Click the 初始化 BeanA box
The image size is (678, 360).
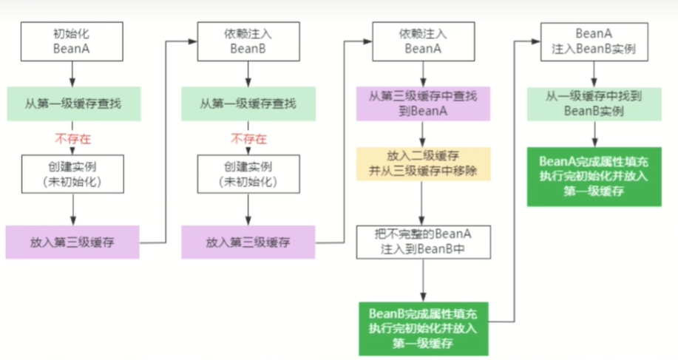coord(72,41)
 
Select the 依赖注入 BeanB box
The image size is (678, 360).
coord(248,41)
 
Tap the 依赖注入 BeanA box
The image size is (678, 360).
coord(422,41)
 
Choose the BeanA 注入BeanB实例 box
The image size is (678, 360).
coord(594,41)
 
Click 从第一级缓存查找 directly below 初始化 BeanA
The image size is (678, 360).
coord(72,104)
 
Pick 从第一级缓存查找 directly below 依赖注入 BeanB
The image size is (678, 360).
coord(248,104)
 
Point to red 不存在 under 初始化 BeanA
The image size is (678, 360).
coord(72,138)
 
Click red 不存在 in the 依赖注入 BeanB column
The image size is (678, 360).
coord(248,138)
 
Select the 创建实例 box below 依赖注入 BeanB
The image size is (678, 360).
coord(248,174)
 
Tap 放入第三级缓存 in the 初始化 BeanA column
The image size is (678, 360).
coord(72,242)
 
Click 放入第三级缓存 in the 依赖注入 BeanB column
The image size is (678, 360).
coord(248,242)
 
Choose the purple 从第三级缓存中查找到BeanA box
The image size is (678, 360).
coord(422,104)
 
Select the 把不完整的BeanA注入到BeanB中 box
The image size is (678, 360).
coord(422,242)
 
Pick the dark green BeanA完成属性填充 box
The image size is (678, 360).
coord(594,176)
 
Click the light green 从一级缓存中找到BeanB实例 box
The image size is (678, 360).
coord(594,104)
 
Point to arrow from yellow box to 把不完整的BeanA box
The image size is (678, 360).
coord(422,203)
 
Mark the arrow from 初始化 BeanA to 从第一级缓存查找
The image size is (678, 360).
coord(72,73)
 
